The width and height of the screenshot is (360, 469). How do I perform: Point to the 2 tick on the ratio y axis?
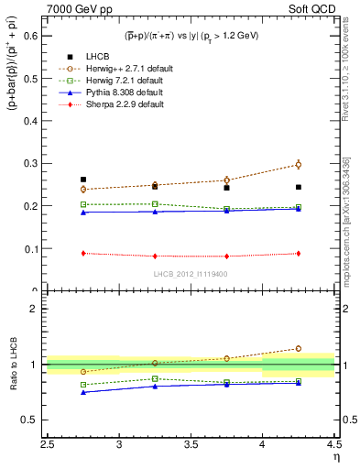[x=33, y=309]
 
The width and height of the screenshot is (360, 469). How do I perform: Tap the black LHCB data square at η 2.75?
[x=83, y=180]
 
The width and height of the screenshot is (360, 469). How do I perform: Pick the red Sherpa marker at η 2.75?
[x=83, y=253]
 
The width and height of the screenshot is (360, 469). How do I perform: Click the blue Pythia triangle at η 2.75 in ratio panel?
[x=83, y=392]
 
